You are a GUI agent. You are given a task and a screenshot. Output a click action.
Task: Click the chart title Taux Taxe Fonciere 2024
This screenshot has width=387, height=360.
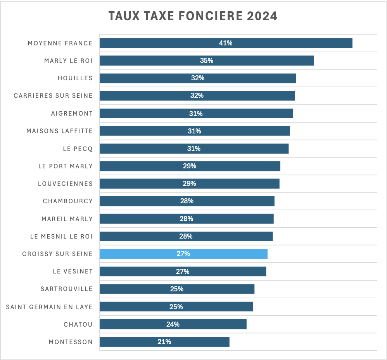point(193,16)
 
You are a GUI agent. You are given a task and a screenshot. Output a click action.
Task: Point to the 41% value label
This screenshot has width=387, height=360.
point(226,43)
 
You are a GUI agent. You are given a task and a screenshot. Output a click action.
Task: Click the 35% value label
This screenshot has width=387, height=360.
point(207,61)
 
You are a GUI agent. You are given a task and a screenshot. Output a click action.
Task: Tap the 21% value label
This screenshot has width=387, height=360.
point(164,342)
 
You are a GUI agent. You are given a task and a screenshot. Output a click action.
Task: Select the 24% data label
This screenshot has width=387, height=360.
point(173,324)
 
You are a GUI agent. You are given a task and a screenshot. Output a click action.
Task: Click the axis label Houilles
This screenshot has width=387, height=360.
point(75,78)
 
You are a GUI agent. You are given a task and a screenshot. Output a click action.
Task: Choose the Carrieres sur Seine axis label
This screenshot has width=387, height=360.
point(53,96)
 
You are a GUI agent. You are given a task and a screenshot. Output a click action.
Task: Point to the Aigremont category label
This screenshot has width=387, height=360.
point(72,114)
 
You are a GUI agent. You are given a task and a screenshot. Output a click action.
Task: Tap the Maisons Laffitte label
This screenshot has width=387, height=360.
point(59,131)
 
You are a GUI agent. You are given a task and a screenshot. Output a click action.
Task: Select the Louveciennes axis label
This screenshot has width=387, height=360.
point(65,183)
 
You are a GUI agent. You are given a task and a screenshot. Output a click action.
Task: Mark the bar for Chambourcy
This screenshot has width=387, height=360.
point(233,201)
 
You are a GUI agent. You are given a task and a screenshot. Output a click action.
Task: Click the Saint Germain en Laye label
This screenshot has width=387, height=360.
point(49,307)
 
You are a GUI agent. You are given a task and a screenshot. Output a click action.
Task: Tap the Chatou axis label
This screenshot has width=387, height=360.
point(78,324)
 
